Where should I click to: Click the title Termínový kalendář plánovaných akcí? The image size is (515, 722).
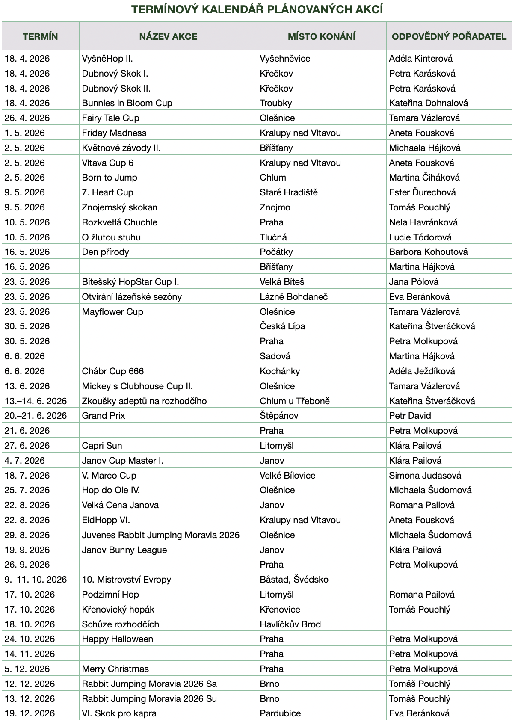pos(257,9)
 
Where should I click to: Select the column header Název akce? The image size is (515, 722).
pos(168,36)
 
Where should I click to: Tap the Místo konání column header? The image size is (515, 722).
pos(322,36)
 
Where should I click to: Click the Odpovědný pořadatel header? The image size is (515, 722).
pos(449,36)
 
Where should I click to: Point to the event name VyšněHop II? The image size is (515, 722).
pos(107,59)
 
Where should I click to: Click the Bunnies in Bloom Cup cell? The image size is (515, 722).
pos(127,103)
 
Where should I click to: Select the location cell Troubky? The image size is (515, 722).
pos(276,103)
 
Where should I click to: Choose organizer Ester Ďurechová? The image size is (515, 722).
pos(422,192)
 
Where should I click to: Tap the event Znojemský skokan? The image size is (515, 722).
pos(120,207)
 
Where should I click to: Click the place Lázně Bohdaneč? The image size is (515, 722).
pos(294,297)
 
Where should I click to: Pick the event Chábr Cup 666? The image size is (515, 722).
pos(113,371)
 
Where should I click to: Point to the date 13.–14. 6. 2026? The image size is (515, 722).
pos(36,401)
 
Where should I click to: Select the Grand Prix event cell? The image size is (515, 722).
pos(104,416)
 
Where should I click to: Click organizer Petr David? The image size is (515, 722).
pos(410,416)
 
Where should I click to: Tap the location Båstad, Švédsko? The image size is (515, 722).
pos(294,580)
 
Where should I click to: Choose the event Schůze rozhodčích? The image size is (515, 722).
pos(121,624)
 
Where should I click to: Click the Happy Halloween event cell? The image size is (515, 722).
pos(118,639)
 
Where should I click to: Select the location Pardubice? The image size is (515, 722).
pos(280,713)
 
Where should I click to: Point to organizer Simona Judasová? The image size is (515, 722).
pos(425,476)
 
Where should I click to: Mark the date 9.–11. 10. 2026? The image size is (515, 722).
pos(36,580)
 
